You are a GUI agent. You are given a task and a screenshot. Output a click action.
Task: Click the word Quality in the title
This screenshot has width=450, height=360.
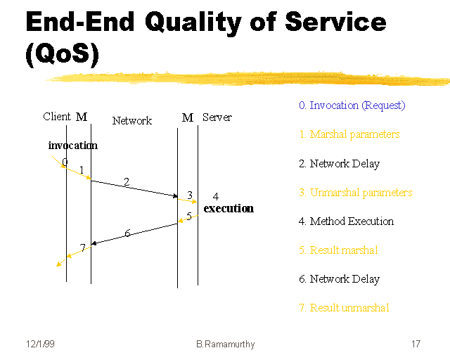click(x=191, y=22)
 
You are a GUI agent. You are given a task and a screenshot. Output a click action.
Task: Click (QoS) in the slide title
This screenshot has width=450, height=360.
click(x=61, y=55)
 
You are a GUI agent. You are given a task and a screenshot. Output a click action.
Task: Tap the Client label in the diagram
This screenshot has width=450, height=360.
click(x=57, y=117)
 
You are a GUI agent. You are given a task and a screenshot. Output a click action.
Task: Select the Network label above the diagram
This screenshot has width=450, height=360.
click(x=132, y=121)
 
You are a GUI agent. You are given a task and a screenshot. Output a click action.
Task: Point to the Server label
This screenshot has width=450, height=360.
click(x=217, y=117)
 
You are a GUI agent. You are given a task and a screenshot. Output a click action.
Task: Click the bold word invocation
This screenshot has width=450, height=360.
click(x=73, y=146)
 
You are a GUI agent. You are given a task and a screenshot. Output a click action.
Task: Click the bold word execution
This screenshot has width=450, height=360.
click(x=229, y=209)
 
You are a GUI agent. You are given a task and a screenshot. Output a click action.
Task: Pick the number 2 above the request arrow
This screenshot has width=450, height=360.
click(x=127, y=182)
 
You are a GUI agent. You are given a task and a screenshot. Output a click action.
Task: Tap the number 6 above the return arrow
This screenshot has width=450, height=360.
click(x=127, y=233)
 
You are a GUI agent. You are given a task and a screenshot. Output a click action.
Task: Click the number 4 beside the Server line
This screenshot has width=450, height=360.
click(x=216, y=197)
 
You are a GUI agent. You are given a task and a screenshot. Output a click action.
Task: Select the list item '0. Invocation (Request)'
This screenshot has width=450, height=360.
click(x=352, y=105)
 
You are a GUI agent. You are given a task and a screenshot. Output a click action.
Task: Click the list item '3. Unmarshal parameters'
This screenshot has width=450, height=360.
click(x=355, y=193)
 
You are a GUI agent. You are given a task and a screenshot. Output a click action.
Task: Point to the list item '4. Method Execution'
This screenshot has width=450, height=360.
click(x=346, y=221)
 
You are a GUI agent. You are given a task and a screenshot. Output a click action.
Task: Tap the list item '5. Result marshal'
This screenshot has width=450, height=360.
click(x=338, y=250)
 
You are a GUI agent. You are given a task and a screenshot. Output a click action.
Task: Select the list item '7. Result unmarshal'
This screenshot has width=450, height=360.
click(x=344, y=308)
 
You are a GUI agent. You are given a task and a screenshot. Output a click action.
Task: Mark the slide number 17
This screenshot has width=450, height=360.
click(x=416, y=345)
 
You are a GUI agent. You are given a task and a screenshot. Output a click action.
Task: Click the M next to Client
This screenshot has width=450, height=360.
click(x=82, y=117)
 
